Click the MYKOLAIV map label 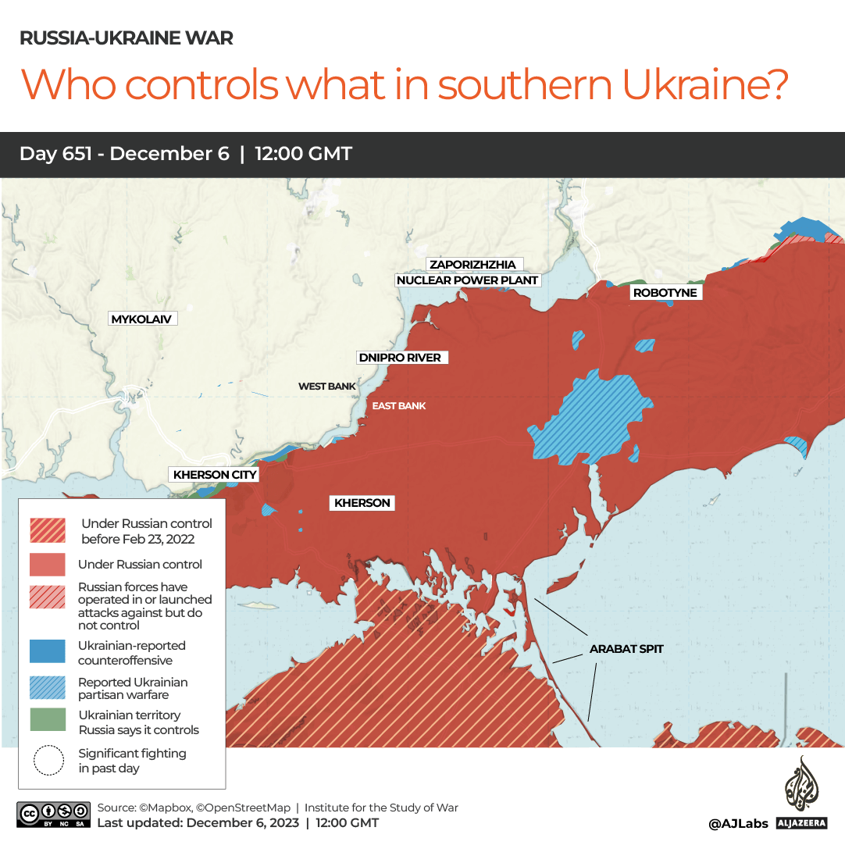pyautogui.click(x=141, y=319)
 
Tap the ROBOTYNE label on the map pyautogui.click(x=665, y=293)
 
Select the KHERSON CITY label pyautogui.click(x=215, y=474)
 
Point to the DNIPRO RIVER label pyautogui.click(x=399, y=358)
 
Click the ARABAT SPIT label pyautogui.click(x=626, y=648)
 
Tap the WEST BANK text pyautogui.click(x=326, y=387)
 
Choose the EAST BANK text pyautogui.click(x=399, y=405)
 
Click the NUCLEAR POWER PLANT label pyautogui.click(x=468, y=280)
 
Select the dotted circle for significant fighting pyautogui.click(x=48, y=760)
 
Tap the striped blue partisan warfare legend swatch pyautogui.click(x=47, y=687)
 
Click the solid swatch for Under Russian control pyautogui.click(x=47, y=564)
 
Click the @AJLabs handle pyautogui.click(x=738, y=823)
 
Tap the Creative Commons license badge pyautogui.click(x=52, y=815)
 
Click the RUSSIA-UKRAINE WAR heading pyautogui.click(x=126, y=37)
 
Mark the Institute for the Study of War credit pyautogui.click(x=381, y=808)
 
